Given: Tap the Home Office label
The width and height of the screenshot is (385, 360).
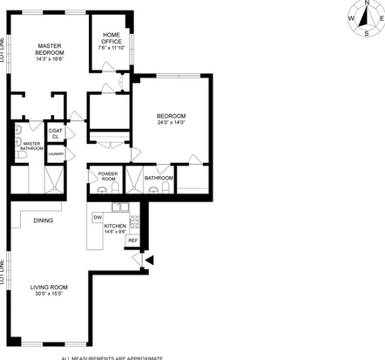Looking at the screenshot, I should click(x=112, y=37).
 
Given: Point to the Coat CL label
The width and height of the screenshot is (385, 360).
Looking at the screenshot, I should click(x=55, y=134).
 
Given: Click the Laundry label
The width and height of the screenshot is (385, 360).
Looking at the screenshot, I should click(x=55, y=153).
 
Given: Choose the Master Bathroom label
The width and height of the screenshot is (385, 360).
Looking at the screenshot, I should click(x=32, y=146).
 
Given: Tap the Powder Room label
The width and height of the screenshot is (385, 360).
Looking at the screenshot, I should click(x=108, y=177).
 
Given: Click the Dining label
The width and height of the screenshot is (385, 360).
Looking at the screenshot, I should click(x=44, y=220).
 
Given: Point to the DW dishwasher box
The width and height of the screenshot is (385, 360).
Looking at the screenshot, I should click(x=98, y=215).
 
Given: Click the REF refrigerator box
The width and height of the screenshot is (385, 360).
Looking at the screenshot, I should click(x=133, y=241).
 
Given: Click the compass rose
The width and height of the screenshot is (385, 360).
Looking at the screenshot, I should click(x=368, y=17).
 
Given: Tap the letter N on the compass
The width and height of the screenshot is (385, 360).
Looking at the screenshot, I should click(x=368, y=3).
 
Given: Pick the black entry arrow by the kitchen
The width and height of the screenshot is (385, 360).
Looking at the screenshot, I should click(x=149, y=259).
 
